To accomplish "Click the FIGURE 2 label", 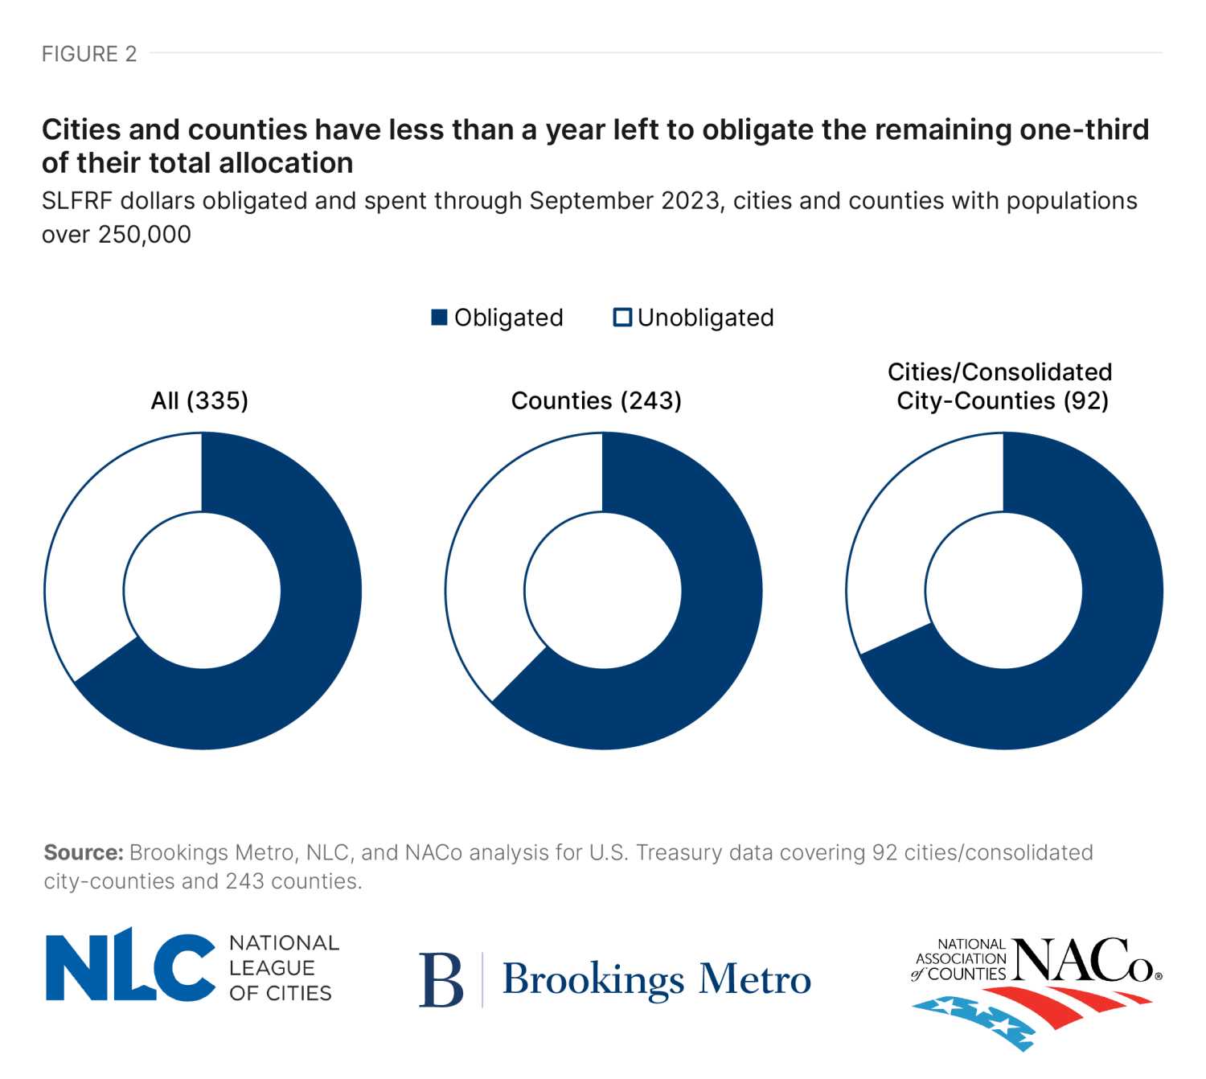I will [89, 54].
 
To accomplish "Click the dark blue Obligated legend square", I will [439, 318].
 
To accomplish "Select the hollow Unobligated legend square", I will [622, 318].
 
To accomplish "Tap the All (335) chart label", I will [199, 400].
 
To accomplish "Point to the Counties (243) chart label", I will [596, 400].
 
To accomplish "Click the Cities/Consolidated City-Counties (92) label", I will [1001, 387].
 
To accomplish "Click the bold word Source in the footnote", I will [83, 852].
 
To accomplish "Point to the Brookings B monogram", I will [441, 979].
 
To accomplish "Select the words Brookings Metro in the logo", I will [656, 979].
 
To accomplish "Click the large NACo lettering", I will [1085, 961].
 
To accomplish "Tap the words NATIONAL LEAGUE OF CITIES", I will [282, 968].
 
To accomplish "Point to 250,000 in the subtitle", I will [145, 235].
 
